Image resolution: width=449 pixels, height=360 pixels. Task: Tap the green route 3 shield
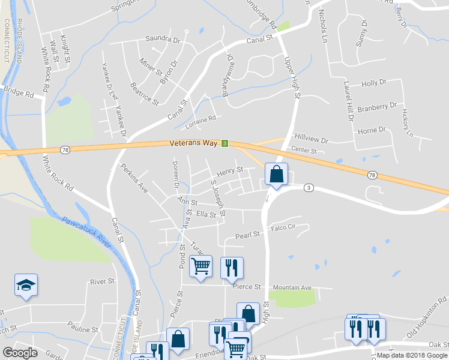(224, 143)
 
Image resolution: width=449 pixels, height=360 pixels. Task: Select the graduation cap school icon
(26, 285)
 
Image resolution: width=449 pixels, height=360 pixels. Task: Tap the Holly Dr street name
(373, 84)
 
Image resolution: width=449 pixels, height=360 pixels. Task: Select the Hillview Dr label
(312, 140)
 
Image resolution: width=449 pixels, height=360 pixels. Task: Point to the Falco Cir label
(284, 227)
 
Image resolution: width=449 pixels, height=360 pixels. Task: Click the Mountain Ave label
(292, 288)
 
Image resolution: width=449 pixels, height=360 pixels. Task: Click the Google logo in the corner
(20, 353)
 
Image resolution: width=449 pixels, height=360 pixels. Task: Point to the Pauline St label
(83, 329)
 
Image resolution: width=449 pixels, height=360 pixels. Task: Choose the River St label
(101, 281)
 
